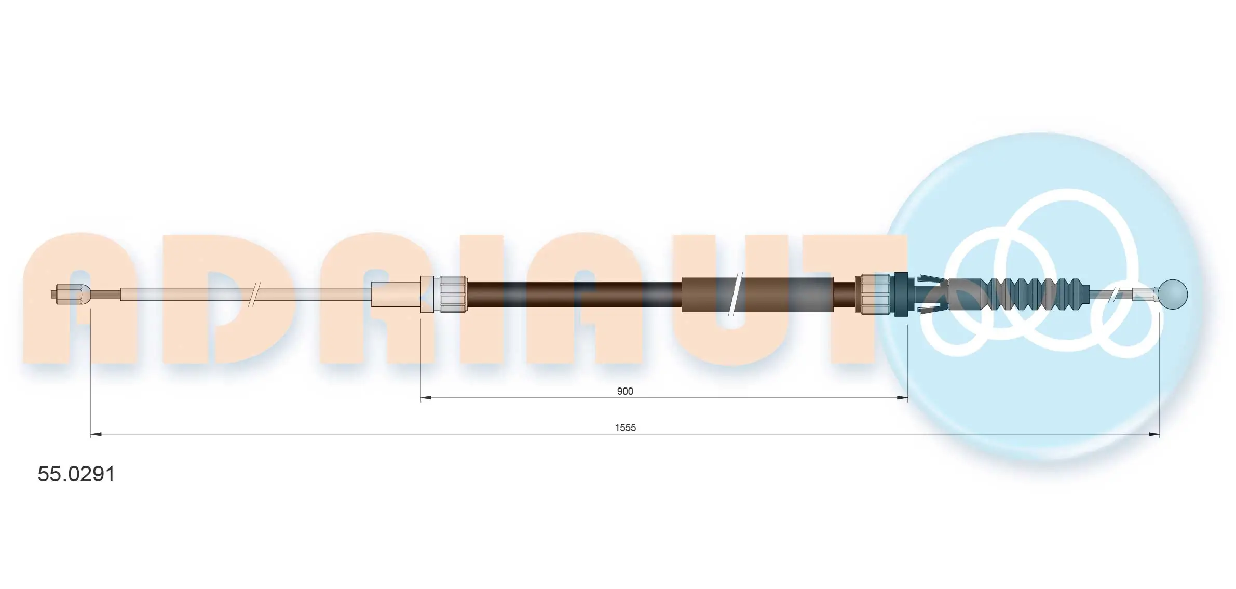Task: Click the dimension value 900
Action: (x=624, y=391)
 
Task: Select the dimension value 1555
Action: (x=625, y=427)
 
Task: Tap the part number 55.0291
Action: (x=76, y=474)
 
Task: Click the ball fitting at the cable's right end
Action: (x=1173, y=294)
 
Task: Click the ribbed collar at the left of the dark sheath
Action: (x=453, y=294)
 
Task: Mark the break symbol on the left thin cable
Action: (x=254, y=294)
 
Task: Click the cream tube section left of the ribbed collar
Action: (x=396, y=294)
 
